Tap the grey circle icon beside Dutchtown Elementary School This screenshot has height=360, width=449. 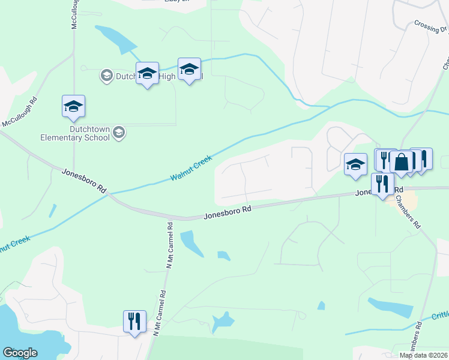click(119, 132)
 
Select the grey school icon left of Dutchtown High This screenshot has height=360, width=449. click(106, 75)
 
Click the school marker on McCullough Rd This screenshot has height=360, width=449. click(73, 106)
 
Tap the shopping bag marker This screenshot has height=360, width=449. click(401, 162)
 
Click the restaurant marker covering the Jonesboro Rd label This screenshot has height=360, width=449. click(382, 184)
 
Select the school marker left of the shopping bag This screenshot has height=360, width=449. click(355, 164)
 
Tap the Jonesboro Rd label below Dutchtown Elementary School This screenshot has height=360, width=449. click(84, 180)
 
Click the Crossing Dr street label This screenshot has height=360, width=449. click(427, 27)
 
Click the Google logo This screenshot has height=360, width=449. click(19, 353)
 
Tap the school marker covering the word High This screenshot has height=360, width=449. click(147, 74)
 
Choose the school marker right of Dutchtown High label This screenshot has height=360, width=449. click(189, 70)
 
